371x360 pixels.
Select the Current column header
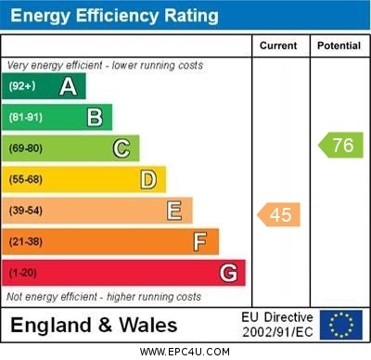(x=278, y=45)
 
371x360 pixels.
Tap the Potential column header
(x=339, y=45)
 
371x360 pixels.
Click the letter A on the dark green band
(x=68, y=86)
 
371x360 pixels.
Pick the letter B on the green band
(x=95, y=117)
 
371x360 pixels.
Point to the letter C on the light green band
(x=122, y=148)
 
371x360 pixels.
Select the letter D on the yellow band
(x=148, y=179)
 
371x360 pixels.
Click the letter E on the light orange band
(x=174, y=211)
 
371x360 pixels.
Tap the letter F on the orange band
(x=200, y=242)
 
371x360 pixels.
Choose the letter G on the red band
(x=228, y=274)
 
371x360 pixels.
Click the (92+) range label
(x=22, y=86)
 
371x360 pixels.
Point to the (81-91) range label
(x=26, y=118)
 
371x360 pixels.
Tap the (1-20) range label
(x=23, y=274)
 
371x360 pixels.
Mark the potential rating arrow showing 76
(x=340, y=145)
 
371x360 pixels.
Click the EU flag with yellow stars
(x=341, y=325)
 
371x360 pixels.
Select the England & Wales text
(x=94, y=325)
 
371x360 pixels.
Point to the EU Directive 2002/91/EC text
(x=278, y=325)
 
